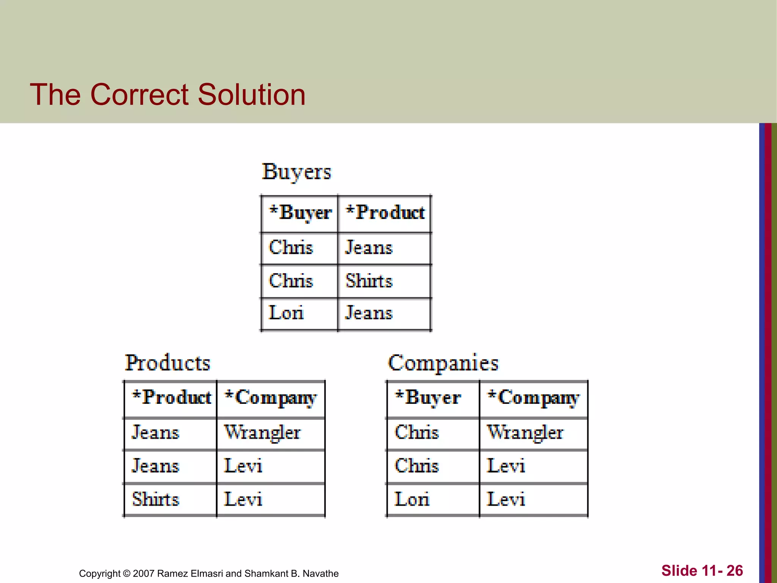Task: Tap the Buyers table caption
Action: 296,172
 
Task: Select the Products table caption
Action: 167,363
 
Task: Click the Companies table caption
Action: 443,363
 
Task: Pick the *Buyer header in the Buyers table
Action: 300,213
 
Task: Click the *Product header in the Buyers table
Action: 385,213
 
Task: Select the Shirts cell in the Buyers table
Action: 369,281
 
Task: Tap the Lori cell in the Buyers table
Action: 286,313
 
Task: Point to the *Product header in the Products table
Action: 171,397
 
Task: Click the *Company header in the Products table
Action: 271,398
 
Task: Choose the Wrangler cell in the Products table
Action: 262,432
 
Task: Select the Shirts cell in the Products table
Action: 156,499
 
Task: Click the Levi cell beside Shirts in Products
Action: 243,499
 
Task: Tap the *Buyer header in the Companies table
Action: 428,397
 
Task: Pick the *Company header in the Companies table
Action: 533,398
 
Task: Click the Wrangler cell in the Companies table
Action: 525,432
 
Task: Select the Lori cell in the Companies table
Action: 412,499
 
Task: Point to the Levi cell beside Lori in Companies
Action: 506,499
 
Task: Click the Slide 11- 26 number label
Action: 702,570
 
